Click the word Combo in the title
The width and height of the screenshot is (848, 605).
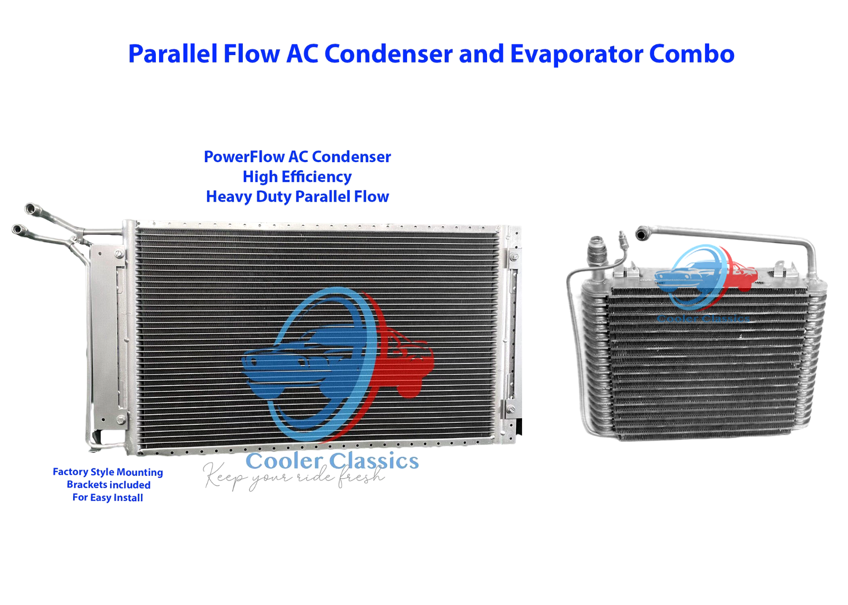[x=692, y=54]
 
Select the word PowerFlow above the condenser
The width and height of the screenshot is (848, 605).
[x=244, y=157]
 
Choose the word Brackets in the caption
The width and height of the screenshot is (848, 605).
[x=88, y=485]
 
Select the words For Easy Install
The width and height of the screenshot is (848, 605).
[x=108, y=497]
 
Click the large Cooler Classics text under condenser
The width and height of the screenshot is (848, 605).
[x=332, y=461]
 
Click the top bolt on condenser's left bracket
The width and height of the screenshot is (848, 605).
[x=119, y=255]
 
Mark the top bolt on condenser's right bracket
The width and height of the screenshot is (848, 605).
[x=513, y=257]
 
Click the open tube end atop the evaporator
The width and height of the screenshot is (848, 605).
[x=642, y=233]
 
